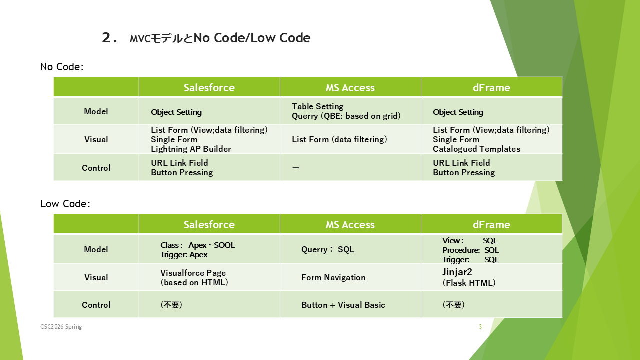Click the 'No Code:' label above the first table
(62, 67)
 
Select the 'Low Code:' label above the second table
(65, 204)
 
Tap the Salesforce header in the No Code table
(209, 87)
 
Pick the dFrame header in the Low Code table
(491, 225)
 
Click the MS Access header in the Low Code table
(350, 225)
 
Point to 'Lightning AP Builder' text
(191, 149)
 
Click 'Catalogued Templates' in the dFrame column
(477, 149)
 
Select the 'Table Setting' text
(318, 106)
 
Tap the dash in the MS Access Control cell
(296, 168)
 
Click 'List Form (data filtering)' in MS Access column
(339, 139)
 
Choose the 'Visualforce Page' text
(193, 273)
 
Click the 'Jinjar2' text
(457, 272)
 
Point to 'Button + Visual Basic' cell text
(343, 305)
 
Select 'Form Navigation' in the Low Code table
(333, 277)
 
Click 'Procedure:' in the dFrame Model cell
(461, 250)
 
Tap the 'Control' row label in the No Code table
(96, 168)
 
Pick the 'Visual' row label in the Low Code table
(96, 277)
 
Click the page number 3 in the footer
(480, 327)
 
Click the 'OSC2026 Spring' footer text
(61, 327)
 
